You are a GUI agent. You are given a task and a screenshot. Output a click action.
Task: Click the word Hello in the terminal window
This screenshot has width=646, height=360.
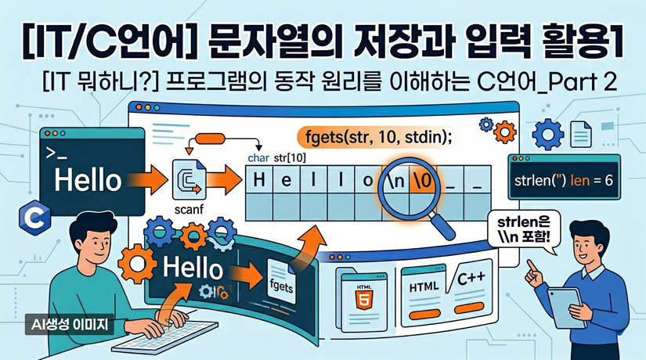(88, 179)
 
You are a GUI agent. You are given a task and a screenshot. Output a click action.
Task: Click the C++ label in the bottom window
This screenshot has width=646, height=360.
(471, 279)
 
